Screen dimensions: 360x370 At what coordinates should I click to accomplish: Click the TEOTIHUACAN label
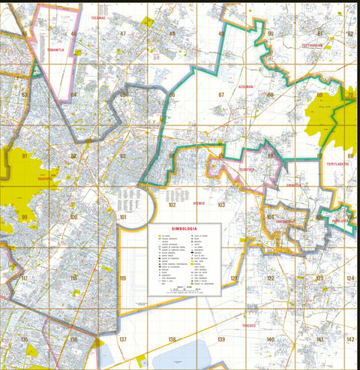click(312, 45)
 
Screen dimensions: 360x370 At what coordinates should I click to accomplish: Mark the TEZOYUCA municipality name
click(241, 169)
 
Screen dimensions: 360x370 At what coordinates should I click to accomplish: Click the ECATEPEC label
click(27, 179)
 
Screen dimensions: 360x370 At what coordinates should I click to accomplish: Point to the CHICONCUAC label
click(284, 222)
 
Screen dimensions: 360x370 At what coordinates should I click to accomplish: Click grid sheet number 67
click(221, 95)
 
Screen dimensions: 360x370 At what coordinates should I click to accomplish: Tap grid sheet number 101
click(123, 218)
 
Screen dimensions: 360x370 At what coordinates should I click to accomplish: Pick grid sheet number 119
click(122, 278)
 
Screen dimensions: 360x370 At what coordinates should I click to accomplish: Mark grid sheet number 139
click(221, 340)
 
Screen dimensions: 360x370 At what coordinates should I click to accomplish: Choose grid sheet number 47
click(122, 34)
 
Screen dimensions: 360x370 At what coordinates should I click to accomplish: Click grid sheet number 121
click(234, 278)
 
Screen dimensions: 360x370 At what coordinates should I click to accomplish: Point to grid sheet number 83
click(122, 156)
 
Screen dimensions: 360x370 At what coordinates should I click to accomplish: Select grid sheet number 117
click(24, 278)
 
